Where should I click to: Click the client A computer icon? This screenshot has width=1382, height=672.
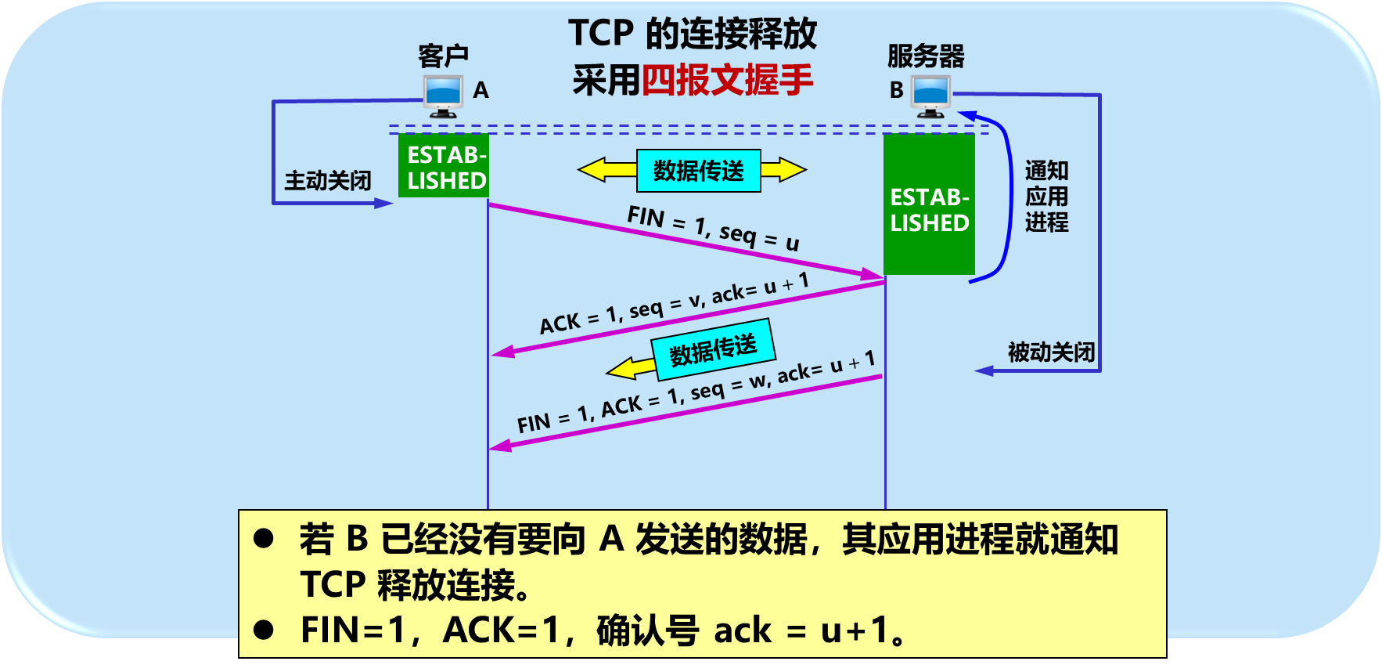pos(443,96)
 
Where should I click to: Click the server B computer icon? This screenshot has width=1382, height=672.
pos(930,96)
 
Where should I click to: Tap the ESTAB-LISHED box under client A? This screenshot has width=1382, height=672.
pos(444,166)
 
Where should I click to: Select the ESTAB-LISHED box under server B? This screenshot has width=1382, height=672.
pos(929,205)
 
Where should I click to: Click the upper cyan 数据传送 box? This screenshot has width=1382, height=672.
pos(699,171)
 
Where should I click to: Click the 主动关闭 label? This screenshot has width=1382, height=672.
pos(328,181)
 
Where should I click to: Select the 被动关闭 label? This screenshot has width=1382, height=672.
pos(1051,352)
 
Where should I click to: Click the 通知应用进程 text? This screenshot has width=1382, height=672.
pos(1046,197)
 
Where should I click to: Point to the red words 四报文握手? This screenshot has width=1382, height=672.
pos(727,80)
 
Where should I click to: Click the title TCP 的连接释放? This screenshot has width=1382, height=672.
pos(693,34)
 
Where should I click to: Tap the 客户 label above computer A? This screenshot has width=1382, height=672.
pos(443,56)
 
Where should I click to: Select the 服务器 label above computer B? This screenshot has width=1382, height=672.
pos(926,56)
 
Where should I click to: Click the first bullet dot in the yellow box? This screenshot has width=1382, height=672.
pos(264,538)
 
